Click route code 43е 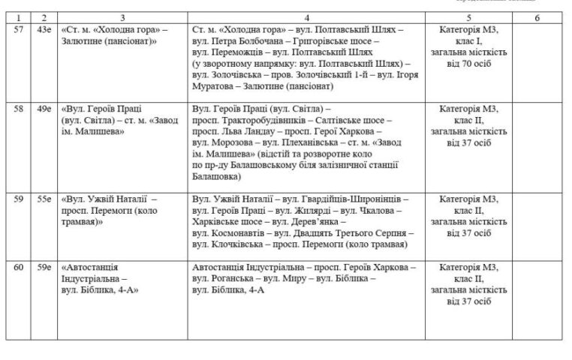[45, 30]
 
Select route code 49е [45, 109]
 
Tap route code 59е [45, 267]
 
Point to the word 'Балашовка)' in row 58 [216, 177]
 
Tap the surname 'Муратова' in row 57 [216, 87]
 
